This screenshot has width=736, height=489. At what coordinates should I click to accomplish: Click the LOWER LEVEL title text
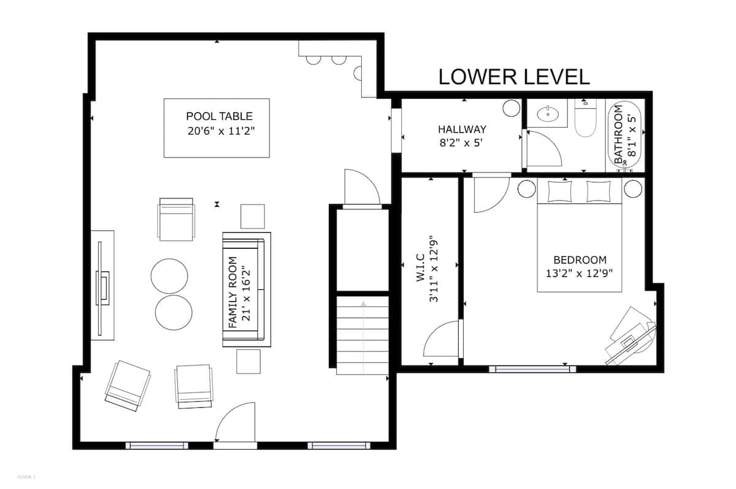click(514, 77)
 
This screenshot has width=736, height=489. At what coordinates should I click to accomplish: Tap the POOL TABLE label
click(219, 116)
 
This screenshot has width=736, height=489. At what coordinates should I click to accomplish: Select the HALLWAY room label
click(462, 130)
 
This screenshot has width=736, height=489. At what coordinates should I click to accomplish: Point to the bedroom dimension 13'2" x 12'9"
click(579, 273)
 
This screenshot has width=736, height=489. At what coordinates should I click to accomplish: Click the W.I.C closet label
click(421, 267)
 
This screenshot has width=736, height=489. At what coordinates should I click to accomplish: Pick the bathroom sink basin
click(548, 114)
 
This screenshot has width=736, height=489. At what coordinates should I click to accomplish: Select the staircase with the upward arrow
click(362, 335)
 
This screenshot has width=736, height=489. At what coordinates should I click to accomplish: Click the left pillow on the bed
click(559, 191)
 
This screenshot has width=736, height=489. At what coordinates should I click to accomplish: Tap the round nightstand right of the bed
click(633, 189)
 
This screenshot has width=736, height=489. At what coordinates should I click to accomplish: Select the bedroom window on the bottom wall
click(532, 369)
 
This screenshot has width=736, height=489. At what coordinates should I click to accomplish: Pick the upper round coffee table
click(169, 276)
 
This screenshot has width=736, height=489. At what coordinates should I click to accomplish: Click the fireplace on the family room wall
click(102, 285)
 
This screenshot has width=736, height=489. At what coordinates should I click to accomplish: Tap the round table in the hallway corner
click(512, 108)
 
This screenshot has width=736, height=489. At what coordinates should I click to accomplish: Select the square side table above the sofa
click(252, 216)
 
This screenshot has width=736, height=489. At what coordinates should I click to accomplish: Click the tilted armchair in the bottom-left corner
click(128, 386)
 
